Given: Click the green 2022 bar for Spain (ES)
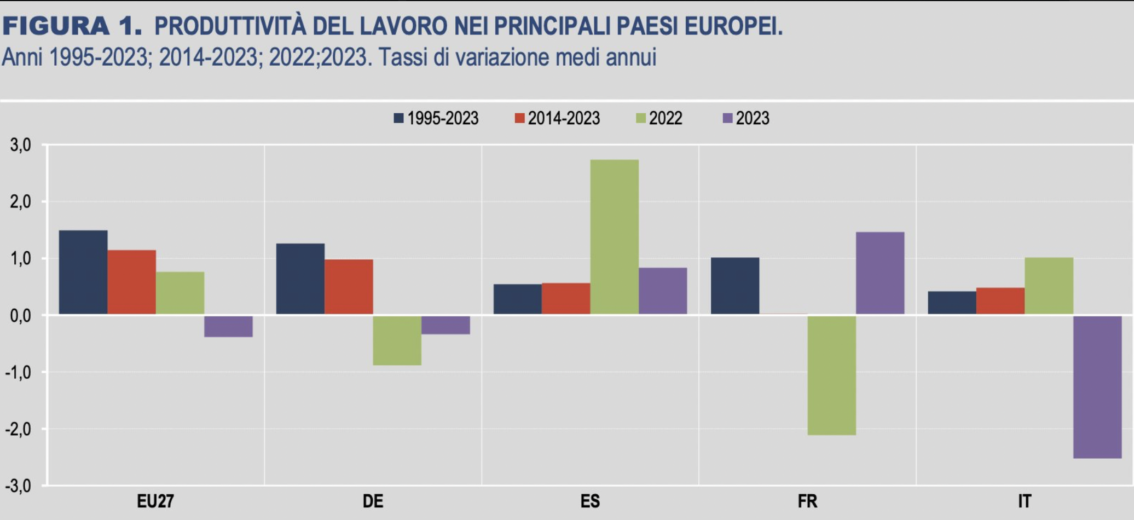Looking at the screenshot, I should click(x=614, y=236).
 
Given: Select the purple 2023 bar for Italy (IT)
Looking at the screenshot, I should click(x=1097, y=386).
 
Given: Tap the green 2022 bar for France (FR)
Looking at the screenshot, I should click(x=831, y=375).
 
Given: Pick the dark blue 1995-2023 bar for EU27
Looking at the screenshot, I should click(x=83, y=272).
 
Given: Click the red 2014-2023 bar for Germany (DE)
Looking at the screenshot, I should click(x=349, y=286).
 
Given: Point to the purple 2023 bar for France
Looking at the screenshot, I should click(x=880, y=273).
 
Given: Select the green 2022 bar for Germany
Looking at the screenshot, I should click(x=397, y=340).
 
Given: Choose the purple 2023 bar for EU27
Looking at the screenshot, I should click(x=228, y=326).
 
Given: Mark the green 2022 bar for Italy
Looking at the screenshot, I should click(x=1049, y=286).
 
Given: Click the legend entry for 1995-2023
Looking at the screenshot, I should click(x=436, y=118).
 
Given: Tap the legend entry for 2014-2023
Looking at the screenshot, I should click(x=557, y=118).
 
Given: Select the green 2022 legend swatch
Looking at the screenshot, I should click(x=641, y=118).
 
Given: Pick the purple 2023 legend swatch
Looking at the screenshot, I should click(x=728, y=118).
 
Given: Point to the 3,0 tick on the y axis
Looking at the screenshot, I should click(x=20, y=146).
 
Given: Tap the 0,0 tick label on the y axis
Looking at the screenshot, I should click(x=20, y=316).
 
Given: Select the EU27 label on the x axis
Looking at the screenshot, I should click(x=155, y=501).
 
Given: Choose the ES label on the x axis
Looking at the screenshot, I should click(x=590, y=501).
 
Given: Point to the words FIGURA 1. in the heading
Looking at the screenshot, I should click(x=72, y=26).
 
